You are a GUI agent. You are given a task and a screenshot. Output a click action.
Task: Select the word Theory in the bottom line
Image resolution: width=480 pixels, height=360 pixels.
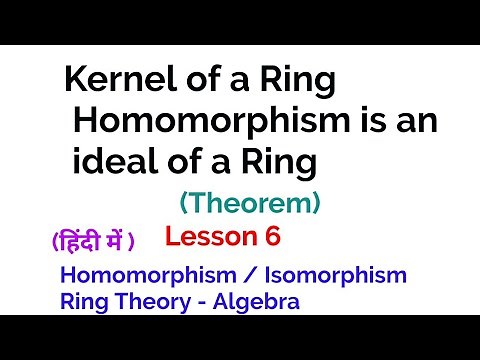(x=145, y=300)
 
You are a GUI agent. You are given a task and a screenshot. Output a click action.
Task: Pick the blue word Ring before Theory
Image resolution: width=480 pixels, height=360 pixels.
(x=81, y=300)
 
